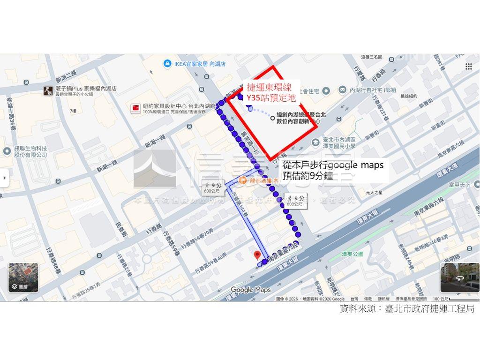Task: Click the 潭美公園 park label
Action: click(353, 254)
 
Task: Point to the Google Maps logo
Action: click(251, 290)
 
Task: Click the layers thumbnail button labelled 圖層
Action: click(23, 277)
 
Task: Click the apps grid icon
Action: click(468, 66)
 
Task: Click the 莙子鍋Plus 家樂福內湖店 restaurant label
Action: click(86, 89)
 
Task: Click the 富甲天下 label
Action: click(459, 185)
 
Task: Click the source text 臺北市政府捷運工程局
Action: click(429, 308)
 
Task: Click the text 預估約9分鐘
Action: click(307, 176)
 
